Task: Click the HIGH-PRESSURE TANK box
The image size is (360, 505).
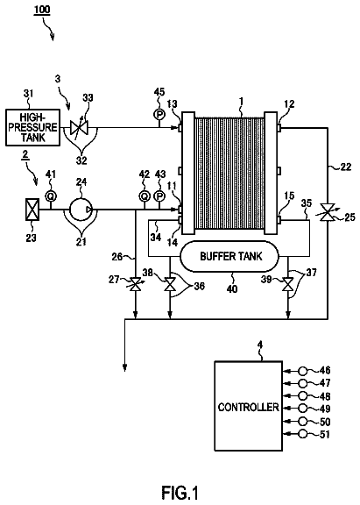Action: point(32,127)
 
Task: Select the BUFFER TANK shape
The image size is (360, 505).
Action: point(229,256)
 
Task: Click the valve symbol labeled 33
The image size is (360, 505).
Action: point(79,128)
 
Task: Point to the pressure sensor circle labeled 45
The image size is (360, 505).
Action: point(159,114)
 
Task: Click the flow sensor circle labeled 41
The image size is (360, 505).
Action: point(50,196)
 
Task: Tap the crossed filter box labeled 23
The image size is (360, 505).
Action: point(32,210)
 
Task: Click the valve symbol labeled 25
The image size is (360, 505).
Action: point(328,212)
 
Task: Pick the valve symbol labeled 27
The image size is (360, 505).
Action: point(135,284)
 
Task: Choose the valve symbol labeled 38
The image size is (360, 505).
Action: point(170,285)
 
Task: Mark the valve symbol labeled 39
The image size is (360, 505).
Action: point(287,285)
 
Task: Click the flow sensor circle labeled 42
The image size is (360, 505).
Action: point(145,196)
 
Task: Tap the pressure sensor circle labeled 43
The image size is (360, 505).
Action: point(159,196)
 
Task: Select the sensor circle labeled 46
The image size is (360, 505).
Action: point(302,371)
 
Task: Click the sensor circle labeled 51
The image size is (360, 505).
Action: point(302,434)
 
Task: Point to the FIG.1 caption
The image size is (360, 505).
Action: point(180,493)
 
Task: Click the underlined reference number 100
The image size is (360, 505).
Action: point(42,10)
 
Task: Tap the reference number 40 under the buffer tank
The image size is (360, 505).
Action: point(232,288)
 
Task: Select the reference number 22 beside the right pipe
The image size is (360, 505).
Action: point(346,167)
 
